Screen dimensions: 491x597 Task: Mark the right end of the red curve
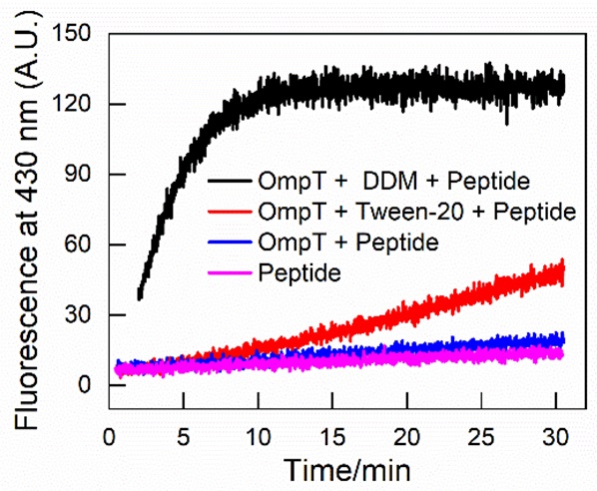click(x=563, y=270)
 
